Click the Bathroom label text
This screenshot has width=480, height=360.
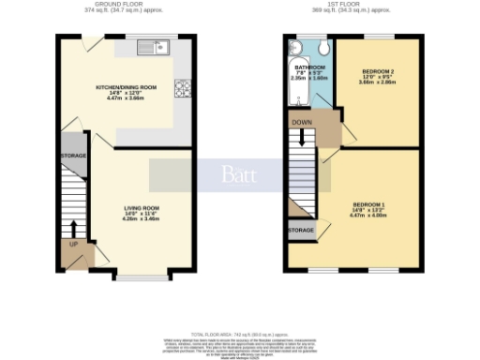[x=309, y=68]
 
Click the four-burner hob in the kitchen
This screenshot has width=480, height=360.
[x=182, y=90]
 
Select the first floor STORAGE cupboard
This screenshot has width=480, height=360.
[x=301, y=230]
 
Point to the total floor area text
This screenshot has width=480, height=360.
[x=240, y=334]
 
